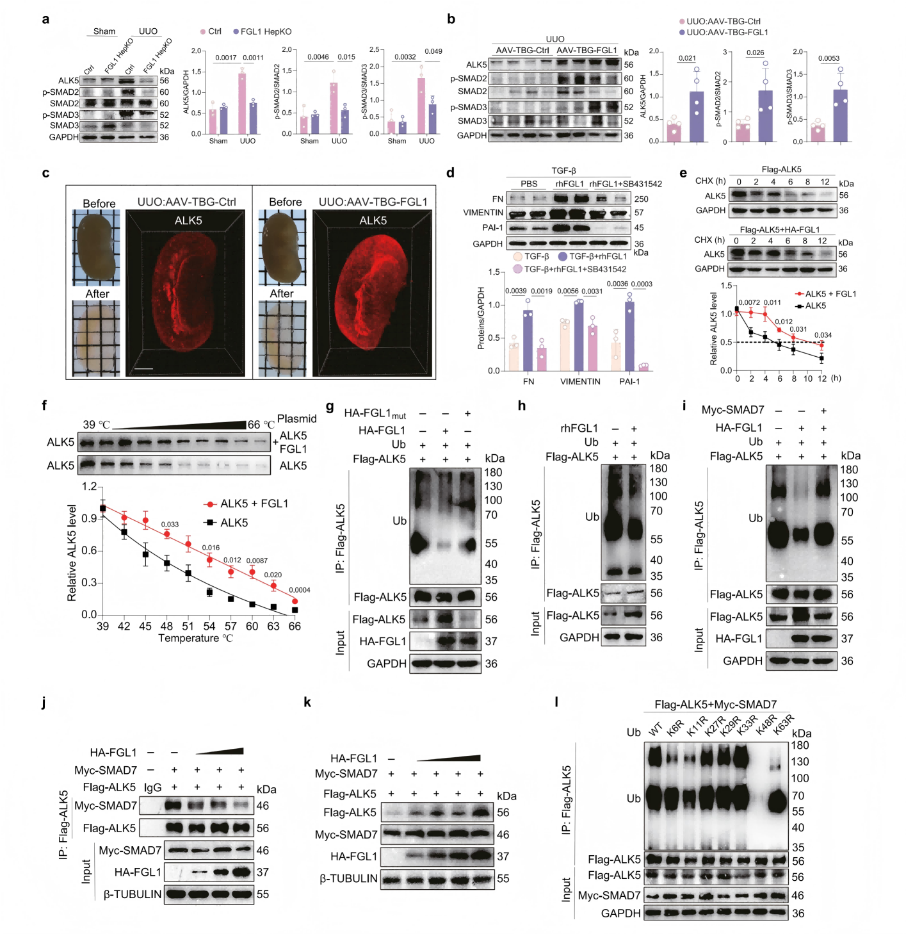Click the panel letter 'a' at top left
(45, 19)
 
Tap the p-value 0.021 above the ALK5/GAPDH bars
(687, 58)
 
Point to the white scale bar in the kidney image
(143, 369)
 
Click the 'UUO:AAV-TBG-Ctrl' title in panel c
(186, 202)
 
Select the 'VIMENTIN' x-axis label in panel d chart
(580, 382)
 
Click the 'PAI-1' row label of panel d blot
(492, 228)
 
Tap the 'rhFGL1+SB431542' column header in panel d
(626, 184)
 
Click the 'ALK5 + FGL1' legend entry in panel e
(830, 294)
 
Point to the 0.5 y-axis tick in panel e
(727, 342)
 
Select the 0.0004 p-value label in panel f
(300, 590)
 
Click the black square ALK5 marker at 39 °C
(102, 509)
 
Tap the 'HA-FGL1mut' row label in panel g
(375, 414)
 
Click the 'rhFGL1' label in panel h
(579, 429)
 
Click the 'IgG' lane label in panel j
(153, 787)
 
